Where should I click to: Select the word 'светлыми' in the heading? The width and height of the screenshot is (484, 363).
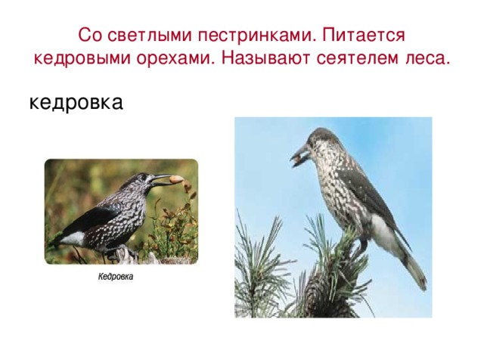tap(143, 36)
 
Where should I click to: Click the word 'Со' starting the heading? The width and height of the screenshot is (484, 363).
tap(88, 36)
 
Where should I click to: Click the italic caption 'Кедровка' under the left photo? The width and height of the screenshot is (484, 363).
tap(115, 277)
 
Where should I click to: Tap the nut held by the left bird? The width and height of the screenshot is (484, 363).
tap(175, 180)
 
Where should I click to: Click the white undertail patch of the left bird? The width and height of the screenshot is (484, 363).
tap(73, 238)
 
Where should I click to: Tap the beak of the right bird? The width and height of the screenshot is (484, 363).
tap(298, 157)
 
